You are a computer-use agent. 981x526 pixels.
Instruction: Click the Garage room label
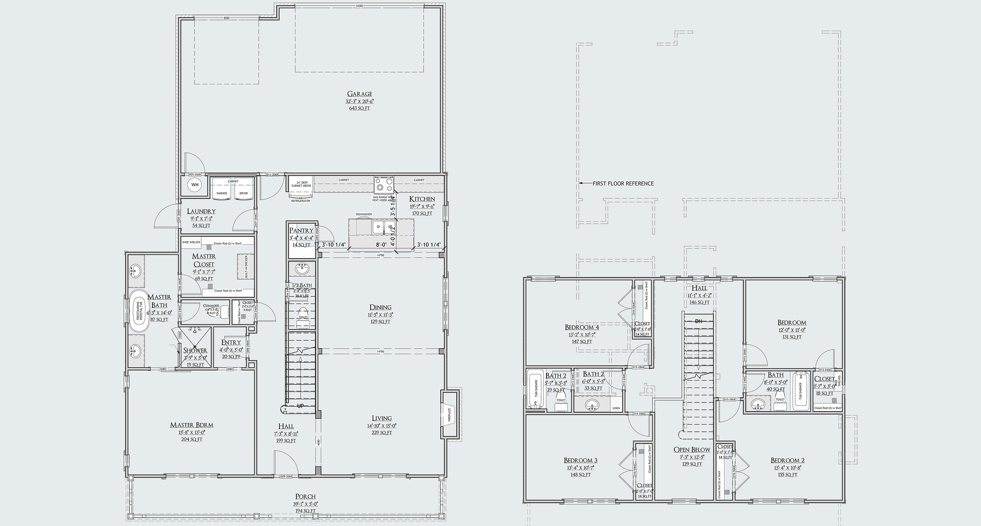click(x=359, y=94)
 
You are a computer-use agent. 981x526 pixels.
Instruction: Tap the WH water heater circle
click(x=195, y=184)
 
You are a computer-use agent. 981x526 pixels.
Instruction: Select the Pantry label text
click(x=301, y=230)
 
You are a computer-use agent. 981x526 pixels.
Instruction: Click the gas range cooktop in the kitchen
click(x=384, y=184)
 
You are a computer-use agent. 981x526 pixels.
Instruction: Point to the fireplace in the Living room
click(x=448, y=415)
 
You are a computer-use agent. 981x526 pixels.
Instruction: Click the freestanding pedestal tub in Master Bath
click(x=138, y=311)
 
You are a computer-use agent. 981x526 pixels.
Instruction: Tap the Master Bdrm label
click(x=192, y=425)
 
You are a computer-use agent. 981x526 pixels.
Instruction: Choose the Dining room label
click(x=380, y=307)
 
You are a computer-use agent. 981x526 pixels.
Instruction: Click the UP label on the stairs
click(x=301, y=406)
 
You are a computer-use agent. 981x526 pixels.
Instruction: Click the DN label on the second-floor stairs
click(x=699, y=321)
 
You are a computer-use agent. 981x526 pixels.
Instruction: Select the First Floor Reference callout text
click(x=623, y=183)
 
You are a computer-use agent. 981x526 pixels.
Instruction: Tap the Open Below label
click(x=692, y=450)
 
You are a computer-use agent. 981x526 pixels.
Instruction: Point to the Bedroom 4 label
click(x=581, y=327)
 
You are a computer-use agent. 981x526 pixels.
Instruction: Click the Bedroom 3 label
click(x=580, y=461)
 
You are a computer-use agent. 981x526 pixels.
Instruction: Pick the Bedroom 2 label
click(x=788, y=461)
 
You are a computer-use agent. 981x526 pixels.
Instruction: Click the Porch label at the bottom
click(x=306, y=497)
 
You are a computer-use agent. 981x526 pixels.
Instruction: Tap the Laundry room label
click(x=201, y=211)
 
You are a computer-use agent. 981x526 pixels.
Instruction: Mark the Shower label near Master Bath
click(x=195, y=350)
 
